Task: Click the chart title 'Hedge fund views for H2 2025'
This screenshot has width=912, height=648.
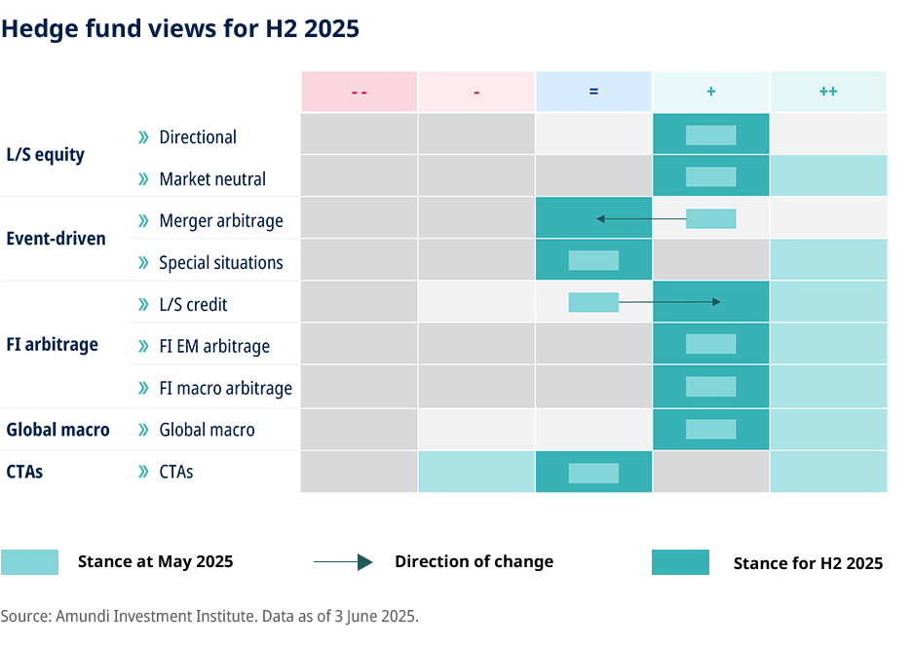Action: (x=180, y=29)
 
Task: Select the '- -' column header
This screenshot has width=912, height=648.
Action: (x=359, y=92)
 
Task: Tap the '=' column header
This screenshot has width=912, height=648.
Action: (x=593, y=92)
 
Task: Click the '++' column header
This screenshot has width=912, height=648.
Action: (x=828, y=92)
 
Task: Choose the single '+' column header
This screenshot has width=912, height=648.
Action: (x=711, y=92)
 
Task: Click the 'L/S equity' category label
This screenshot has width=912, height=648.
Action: (x=45, y=154)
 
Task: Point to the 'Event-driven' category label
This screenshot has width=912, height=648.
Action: (x=56, y=239)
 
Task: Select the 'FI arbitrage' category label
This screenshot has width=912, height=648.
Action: (x=52, y=345)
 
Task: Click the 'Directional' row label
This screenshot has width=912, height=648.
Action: (x=197, y=137)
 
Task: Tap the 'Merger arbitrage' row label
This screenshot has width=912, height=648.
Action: (x=220, y=221)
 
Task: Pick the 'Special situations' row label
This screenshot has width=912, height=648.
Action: (x=220, y=263)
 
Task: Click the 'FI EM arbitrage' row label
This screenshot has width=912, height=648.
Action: (x=214, y=346)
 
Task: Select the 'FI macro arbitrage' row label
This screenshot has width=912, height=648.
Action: (x=225, y=388)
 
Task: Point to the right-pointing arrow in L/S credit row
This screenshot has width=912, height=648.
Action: (x=669, y=302)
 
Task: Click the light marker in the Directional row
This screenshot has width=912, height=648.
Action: (x=710, y=135)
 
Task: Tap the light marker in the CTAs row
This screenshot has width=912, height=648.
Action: (x=593, y=473)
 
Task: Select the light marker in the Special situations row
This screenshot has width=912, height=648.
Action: (x=593, y=260)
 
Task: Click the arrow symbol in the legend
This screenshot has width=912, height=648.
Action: (x=343, y=562)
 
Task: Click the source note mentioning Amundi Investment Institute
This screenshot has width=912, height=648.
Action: (x=209, y=616)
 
